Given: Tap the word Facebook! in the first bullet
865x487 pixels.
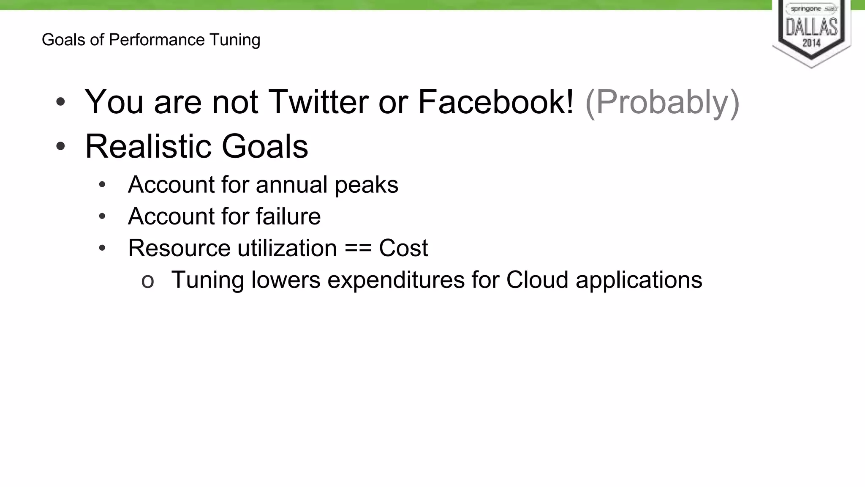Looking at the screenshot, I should coord(496,102).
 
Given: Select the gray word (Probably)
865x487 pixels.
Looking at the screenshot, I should coord(662,103).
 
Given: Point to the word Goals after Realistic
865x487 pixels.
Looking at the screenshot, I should coord(265,146).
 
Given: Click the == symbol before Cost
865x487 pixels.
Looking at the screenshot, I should coord(358,248).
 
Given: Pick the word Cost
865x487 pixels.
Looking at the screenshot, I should coord(403,248).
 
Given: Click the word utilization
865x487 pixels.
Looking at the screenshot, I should coord(287,248).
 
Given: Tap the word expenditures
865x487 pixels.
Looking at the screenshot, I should coord(396,280).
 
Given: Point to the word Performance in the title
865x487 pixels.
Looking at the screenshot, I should coord(157,40).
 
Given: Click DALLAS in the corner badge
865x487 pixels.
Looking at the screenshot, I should coord(811,27).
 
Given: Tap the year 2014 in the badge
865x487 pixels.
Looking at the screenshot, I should coord(811,43).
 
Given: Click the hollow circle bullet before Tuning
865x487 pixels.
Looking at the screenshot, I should coord(147,281).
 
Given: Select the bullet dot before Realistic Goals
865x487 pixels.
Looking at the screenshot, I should coord(61,146).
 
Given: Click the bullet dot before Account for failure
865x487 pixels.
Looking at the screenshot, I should coord(102,216).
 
